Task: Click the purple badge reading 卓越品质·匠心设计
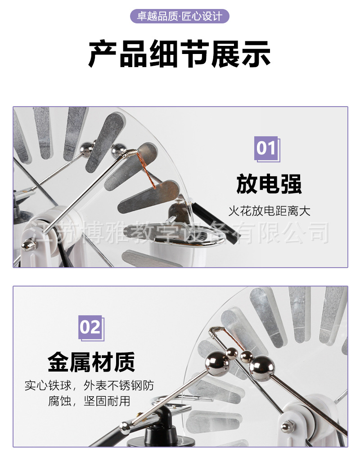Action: (x=180, y=17)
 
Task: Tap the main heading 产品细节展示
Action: (x=180, y=54)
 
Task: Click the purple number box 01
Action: (x=266, y=148)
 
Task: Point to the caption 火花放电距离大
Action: (x=269, y=211)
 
